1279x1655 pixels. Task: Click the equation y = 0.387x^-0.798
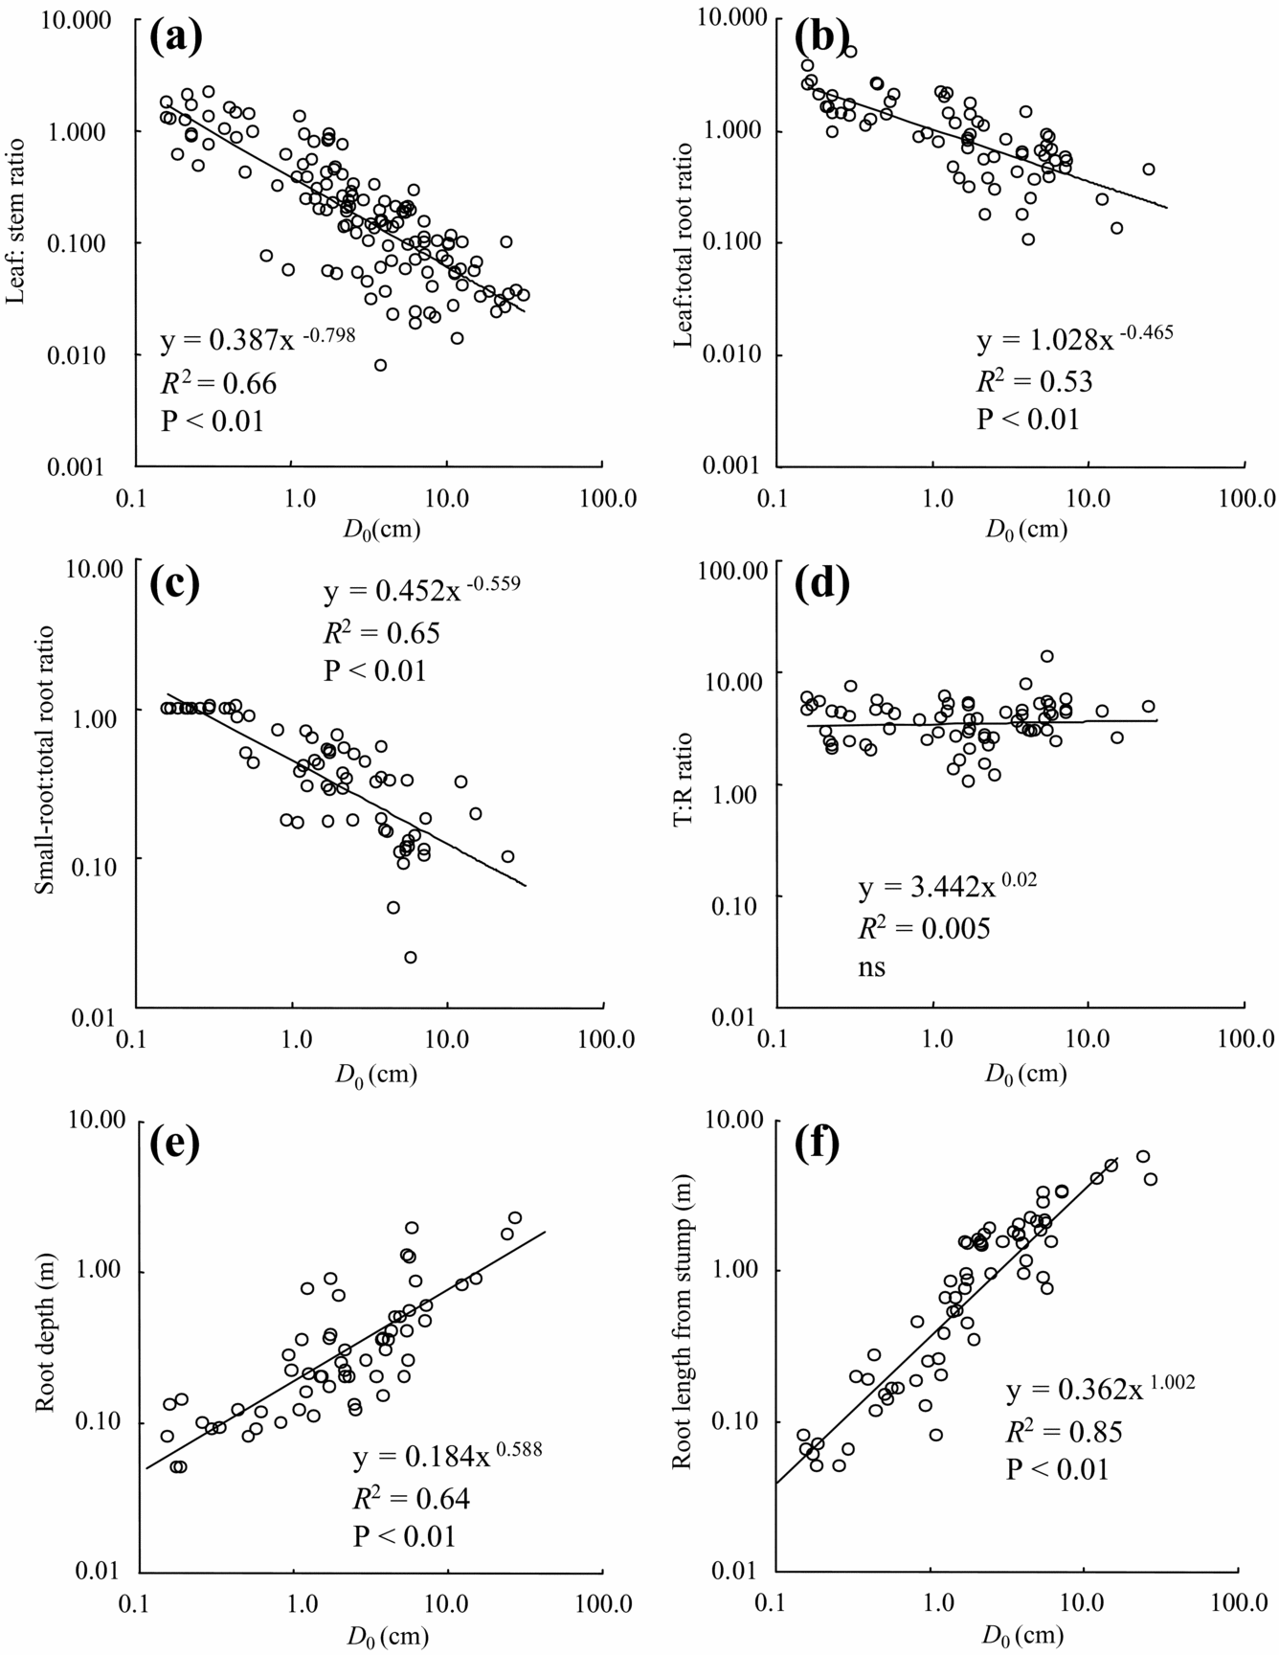257,338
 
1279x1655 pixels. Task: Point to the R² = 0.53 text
1034,382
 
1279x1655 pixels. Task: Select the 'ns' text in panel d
871,967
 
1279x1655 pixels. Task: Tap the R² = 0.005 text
923,928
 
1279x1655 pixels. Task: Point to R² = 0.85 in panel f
1064,1432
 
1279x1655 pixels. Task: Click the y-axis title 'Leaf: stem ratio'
16,221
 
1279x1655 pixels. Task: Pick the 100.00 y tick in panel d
729,572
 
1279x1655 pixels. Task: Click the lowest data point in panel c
411,957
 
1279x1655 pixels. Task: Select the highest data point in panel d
1047,656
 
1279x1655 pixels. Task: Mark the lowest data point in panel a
380,365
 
